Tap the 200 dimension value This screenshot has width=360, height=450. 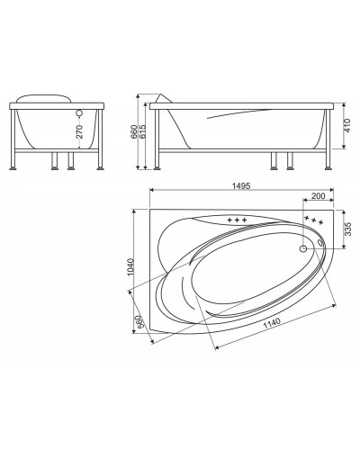click(x=318, y=195)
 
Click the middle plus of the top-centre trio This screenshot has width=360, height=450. click(x=237, y=220)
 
